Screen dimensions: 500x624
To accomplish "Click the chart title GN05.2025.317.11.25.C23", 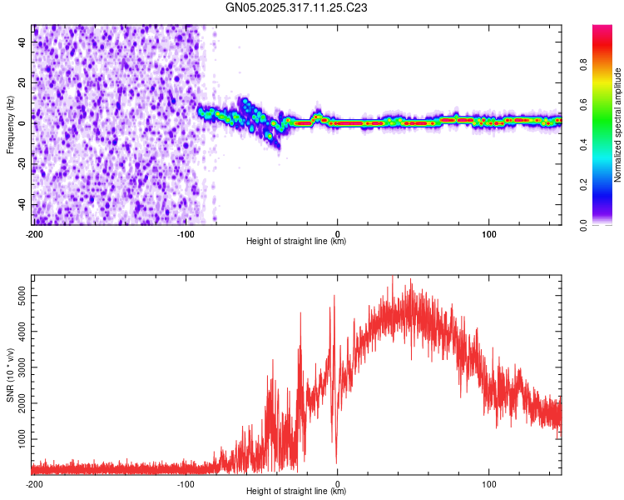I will coord(297,9).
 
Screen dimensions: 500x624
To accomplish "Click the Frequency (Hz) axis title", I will coord(11,125).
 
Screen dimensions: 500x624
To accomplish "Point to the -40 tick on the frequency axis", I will coord(22,204).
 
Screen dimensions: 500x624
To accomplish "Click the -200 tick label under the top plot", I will coord(34,232).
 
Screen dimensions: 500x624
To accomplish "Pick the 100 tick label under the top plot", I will coord(489,232).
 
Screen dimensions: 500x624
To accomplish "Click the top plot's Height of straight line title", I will coord(297,242).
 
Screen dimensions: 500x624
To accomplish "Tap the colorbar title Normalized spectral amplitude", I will coord(618,125).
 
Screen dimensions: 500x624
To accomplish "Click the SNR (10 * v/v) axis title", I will coord(11,374).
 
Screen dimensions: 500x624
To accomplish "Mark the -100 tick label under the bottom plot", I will coord(185,482).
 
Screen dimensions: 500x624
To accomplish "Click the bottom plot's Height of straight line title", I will coord(297,492).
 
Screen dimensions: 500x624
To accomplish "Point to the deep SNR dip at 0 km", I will coord(336,461).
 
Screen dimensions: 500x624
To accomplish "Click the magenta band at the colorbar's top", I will coord(602,31).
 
